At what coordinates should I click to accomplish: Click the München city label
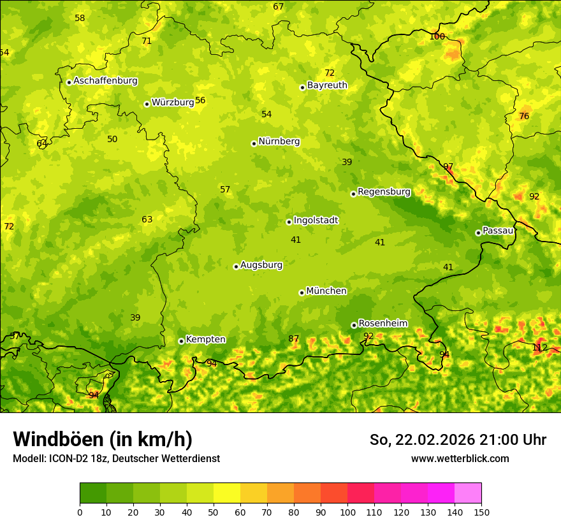[x=326, y=291]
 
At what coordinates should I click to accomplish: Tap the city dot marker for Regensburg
[x=353, y=194]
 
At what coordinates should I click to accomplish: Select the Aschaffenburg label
[x=105, y=81]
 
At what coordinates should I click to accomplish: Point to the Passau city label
[x=498, y=231]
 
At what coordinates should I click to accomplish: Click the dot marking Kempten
[x=181, y=341]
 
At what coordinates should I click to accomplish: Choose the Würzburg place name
[x=173, y=103]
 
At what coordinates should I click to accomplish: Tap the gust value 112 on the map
[x=539, y=347]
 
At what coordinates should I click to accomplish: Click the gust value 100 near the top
[x=437, y=36]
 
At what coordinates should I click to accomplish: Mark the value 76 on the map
[x=524, y=116]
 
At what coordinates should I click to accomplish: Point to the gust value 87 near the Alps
[x=293, y=338]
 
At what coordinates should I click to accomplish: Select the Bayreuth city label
[x=327, y=85]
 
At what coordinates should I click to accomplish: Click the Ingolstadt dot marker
[x=289, y=222]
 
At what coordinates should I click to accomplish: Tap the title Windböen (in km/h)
[x=103, y=439]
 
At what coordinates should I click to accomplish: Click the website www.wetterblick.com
[x=460, y=458]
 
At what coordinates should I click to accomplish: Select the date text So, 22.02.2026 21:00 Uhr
[x=458, y=440]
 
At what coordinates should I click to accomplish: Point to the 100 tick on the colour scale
[x=347, y=512]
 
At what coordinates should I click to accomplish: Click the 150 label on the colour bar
[x=481, y=512]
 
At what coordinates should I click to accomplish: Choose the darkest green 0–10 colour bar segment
[x=93, y=493]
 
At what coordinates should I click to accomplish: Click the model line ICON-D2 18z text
[x=116, y=458]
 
